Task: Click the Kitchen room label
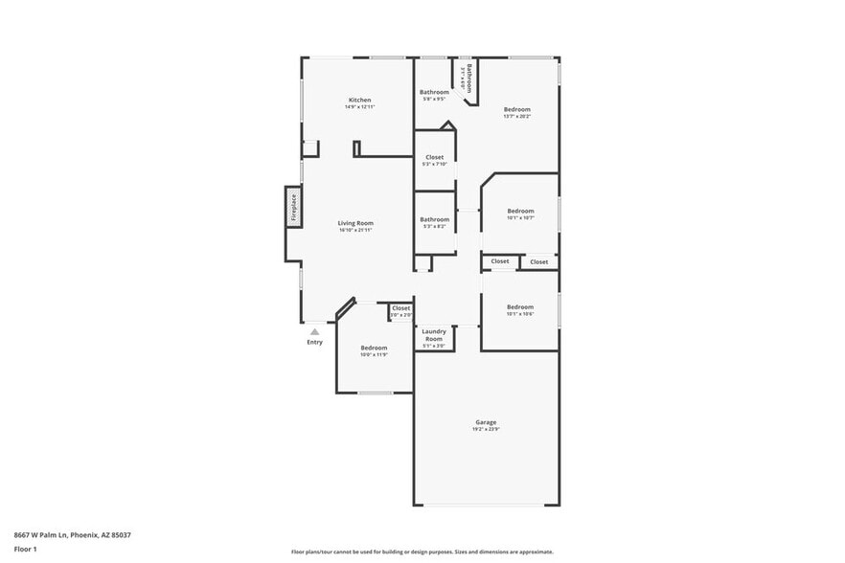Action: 359,100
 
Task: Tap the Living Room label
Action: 354,223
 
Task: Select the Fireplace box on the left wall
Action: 294,208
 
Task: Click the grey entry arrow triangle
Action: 314,331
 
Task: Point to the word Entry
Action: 314,342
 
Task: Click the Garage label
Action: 486,421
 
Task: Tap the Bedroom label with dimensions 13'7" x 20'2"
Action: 516,109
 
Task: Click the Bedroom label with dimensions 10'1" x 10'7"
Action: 520,211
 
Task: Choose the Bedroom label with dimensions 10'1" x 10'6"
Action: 520,306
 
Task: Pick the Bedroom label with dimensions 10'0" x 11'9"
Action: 374,348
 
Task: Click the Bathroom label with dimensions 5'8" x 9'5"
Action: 434,92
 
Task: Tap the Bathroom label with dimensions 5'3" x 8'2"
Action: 434,219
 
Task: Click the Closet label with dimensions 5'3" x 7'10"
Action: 434,157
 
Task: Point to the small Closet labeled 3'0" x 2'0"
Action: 400,308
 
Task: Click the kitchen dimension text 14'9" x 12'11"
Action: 359,107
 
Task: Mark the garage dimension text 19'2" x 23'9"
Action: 486,430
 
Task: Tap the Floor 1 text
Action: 25,549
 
